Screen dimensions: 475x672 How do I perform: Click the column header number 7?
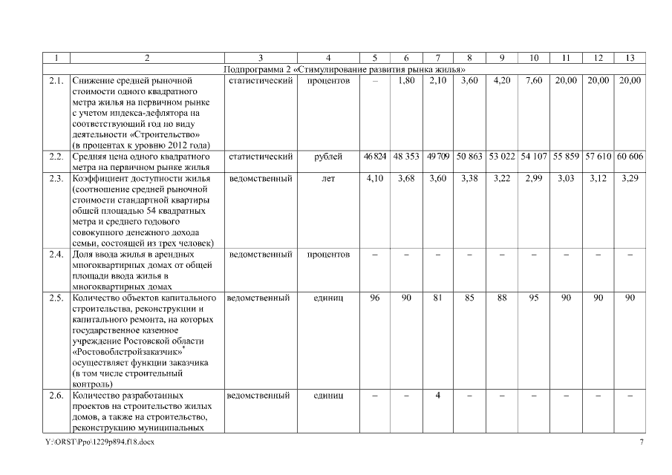[438, 58]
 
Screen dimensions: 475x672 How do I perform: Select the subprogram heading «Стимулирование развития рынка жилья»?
[348, 69]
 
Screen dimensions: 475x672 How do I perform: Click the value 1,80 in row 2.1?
[406, 80]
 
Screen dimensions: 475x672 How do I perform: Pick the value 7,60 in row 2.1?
[534, 80]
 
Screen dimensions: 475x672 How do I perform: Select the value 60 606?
[630, 157]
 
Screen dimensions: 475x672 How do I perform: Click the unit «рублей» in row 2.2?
[328, 157]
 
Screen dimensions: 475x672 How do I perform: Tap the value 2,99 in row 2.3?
[534, 179]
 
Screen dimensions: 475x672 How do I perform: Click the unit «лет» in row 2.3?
[328, 179]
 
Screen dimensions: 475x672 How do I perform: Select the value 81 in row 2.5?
[438, 298]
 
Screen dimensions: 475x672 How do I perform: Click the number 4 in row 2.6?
[438, 396]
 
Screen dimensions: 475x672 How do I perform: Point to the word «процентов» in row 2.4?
[328, 255]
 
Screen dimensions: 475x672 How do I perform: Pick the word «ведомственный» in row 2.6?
[260, 396]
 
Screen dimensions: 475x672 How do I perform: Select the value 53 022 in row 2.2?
[502, 157]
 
